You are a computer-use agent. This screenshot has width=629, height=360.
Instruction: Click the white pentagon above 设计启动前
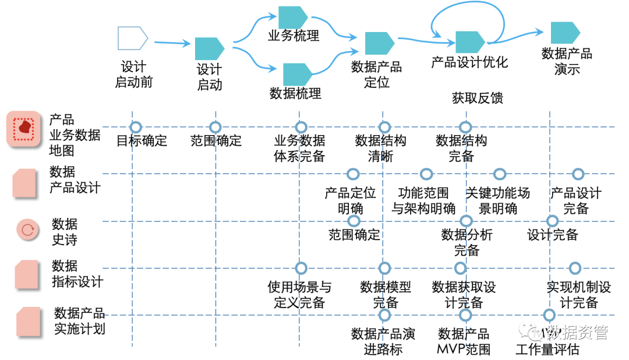132,38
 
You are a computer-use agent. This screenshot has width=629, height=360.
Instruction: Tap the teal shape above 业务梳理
292,17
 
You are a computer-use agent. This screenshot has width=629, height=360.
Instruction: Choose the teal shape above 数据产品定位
379,44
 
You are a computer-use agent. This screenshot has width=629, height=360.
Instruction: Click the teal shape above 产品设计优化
470,42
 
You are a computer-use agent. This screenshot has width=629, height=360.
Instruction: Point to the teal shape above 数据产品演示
565,33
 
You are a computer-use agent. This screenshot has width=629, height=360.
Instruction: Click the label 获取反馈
477,98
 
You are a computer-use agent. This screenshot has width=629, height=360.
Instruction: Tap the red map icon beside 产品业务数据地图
24,129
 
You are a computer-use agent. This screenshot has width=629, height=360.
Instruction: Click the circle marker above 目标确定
136,127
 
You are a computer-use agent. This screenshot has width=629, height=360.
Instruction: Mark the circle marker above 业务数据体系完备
301,127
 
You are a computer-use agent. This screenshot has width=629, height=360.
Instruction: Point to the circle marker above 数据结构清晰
384,127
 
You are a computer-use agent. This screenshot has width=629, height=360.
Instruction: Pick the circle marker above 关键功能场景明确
499,174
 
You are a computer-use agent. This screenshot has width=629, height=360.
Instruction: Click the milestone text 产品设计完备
576,200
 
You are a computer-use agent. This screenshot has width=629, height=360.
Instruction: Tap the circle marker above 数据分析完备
466,221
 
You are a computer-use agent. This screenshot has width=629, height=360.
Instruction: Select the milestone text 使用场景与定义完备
299,295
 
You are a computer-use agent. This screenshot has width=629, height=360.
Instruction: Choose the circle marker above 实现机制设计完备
575,268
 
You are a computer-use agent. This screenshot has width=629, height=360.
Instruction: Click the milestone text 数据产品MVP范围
464,342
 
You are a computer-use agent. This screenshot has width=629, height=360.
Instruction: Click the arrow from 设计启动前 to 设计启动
172,43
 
